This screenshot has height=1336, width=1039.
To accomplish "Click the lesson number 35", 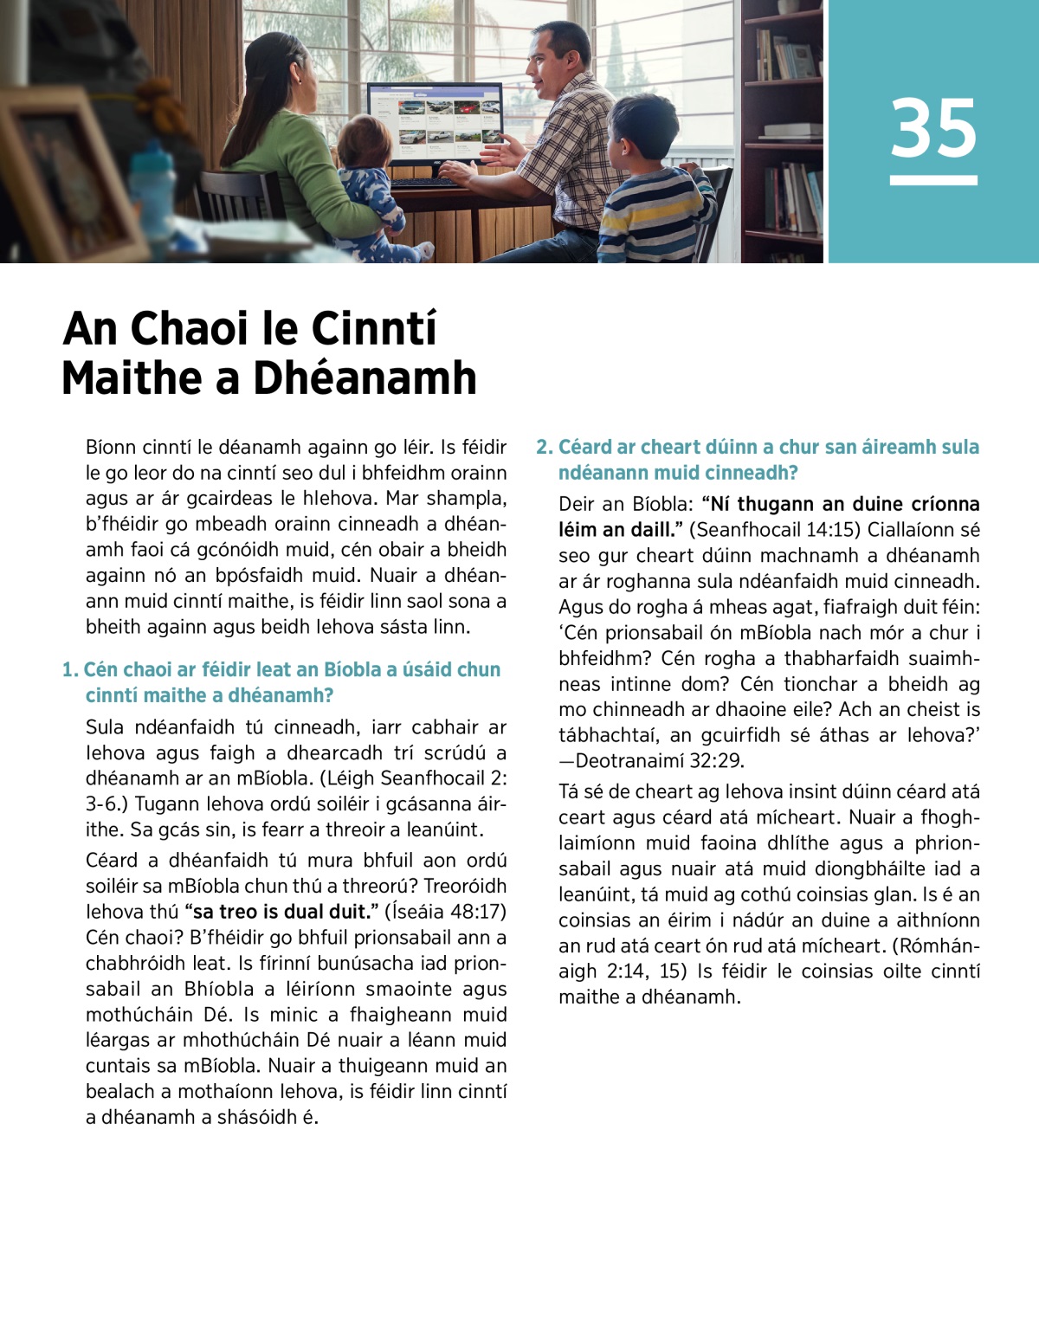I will [x=933, y=128].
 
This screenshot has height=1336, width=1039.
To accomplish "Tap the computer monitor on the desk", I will [x=435, y=121].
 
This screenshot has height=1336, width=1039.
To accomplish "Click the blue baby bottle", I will [x=154, y=186].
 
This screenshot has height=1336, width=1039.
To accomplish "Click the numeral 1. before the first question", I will [x=70, y=669].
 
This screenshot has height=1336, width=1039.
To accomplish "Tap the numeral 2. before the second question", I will [x=544, y=447].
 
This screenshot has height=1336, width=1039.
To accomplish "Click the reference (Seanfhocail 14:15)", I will [x=775, y=529].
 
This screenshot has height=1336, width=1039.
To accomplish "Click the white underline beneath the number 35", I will [x=933, y=180].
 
